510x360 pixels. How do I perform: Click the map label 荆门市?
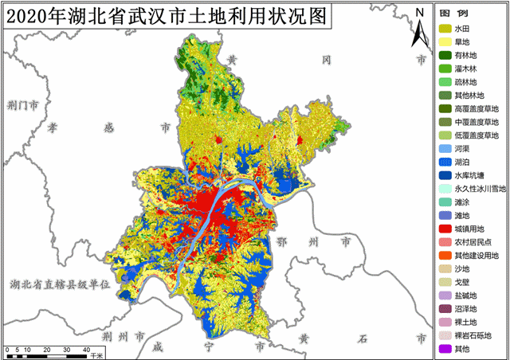click(22, 105)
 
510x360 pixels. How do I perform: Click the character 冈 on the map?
click(327, 61)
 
